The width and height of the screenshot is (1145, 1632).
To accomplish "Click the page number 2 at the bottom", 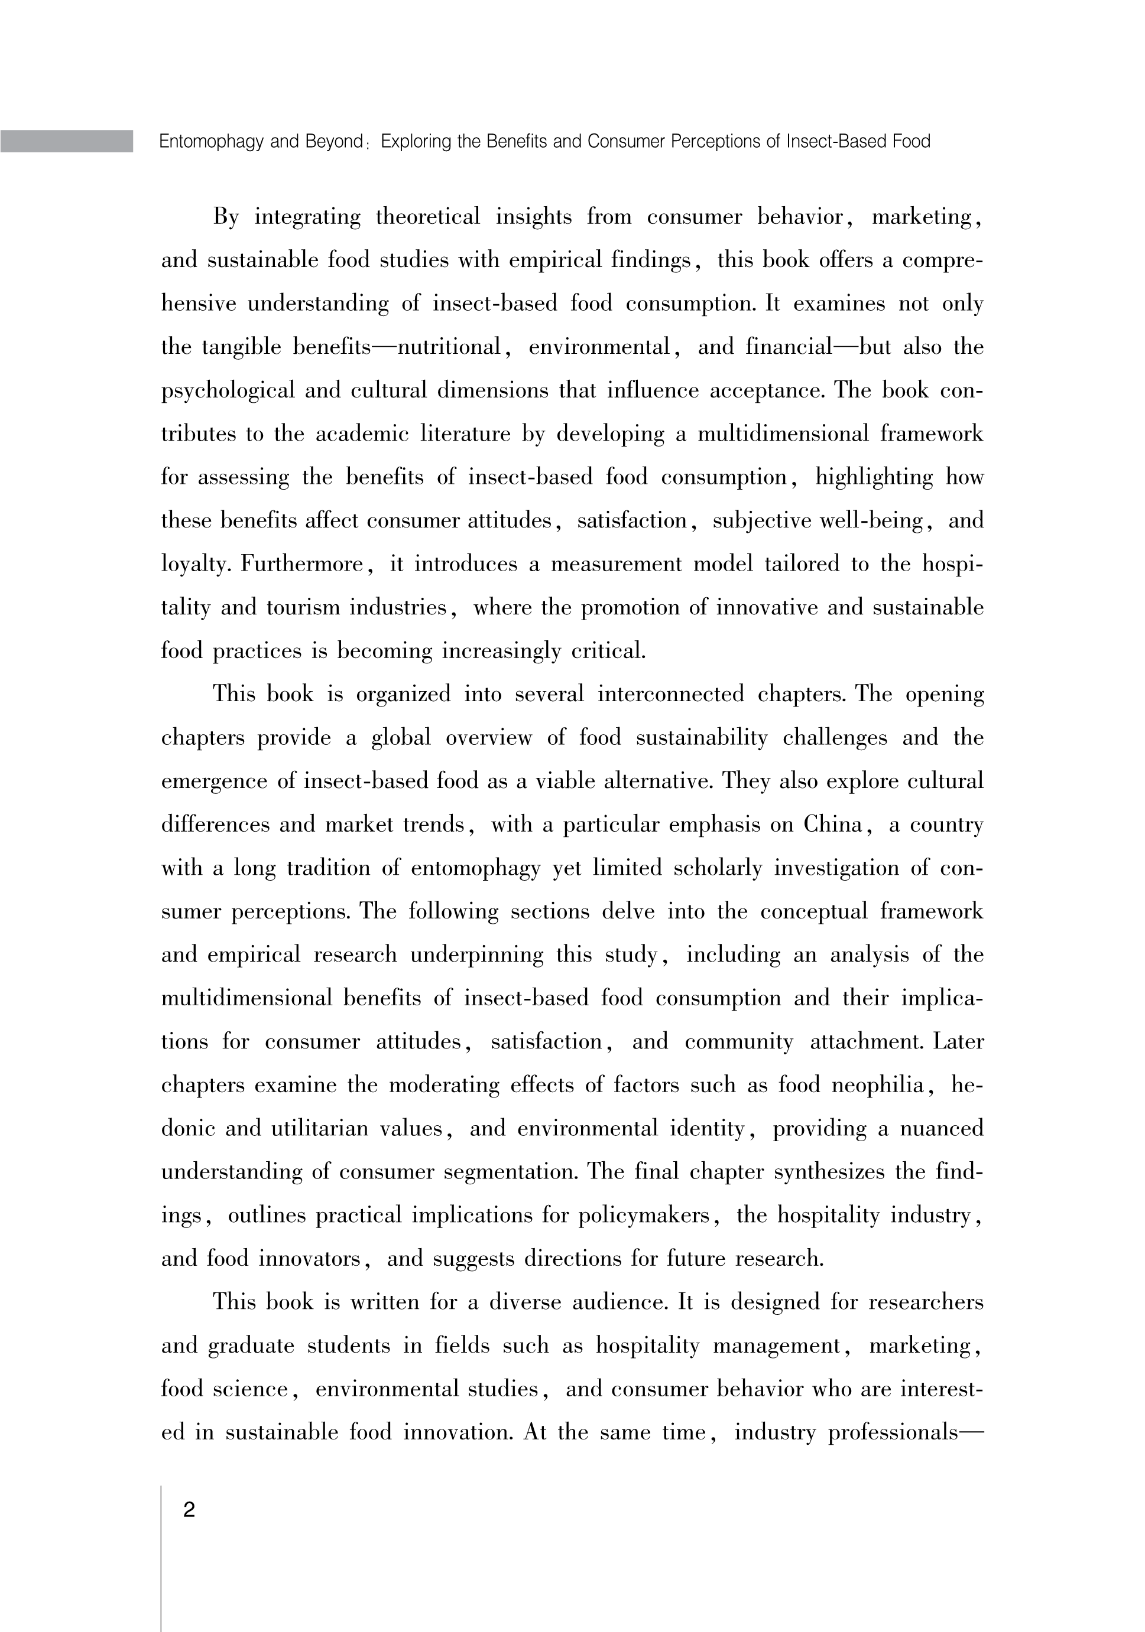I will [189, 1510].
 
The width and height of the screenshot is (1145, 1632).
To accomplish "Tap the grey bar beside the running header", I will [66, 141].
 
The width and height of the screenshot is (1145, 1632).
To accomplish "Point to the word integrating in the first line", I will [307, 217].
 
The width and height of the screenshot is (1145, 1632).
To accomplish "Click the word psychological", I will [228, 391].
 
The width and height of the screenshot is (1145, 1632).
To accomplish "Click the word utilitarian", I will [320, 1129].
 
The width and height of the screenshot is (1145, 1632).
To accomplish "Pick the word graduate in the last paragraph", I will [251, 1346].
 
